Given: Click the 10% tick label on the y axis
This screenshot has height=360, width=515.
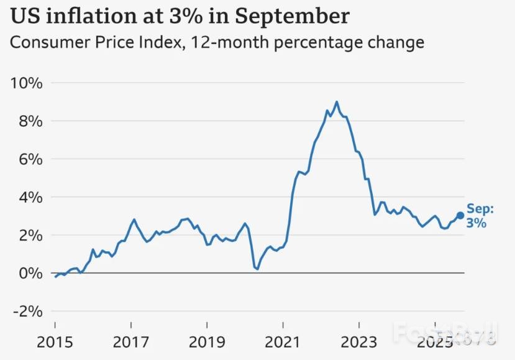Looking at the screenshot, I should [x=27, y=83].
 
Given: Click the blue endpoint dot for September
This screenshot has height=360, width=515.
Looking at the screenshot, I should [x=460, y=216].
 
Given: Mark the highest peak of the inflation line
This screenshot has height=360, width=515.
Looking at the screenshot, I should [x=337, y=102].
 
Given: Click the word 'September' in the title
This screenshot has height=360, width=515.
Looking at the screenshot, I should [x=296, y=16].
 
